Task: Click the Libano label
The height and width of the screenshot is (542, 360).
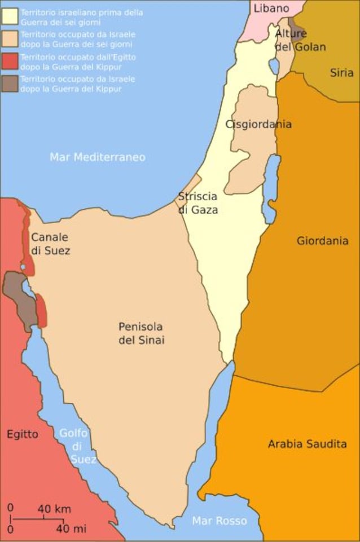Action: pyautogui.click(x=271, y=8)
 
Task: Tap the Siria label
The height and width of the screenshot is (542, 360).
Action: pyautogui.click(x=342, y=73)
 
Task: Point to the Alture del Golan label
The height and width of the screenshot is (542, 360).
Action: pyautogui.click(x=300, y=40)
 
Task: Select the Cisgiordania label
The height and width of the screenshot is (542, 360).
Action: pyautogui.click(x=258, y=125)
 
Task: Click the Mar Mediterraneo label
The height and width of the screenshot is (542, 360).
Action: pyautogui.click(x=98, y=157)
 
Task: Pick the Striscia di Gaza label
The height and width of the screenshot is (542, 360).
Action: pyautogui.click(x=197, y=203)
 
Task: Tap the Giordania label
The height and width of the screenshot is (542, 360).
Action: pyautogui.click(x=322, y=241)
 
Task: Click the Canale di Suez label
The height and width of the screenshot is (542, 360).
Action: pyautogui.click(x=51, y=244)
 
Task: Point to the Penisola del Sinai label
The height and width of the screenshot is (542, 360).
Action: pyautogui.click(x=141, y=333)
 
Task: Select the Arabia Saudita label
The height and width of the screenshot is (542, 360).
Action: pyautogui.click(x=307, y=444)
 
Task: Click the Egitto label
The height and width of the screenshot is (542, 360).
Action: pyautogui.click(x=23, y=434)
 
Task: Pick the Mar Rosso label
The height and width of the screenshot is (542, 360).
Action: pyautogui.click(x=219, y=521)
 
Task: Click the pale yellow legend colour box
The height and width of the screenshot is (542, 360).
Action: pyautogui.click(x=9, y=15)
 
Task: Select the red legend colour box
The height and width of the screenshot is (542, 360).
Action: pyautogui.click(x=9, y=60)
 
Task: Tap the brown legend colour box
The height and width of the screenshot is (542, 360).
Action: pyautogui.click(x=9, y=83)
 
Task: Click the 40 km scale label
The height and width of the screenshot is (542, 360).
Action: pyautogui.click(x=55, y=509)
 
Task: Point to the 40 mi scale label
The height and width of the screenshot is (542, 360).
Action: pyautogui.click(x=71, y=529)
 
